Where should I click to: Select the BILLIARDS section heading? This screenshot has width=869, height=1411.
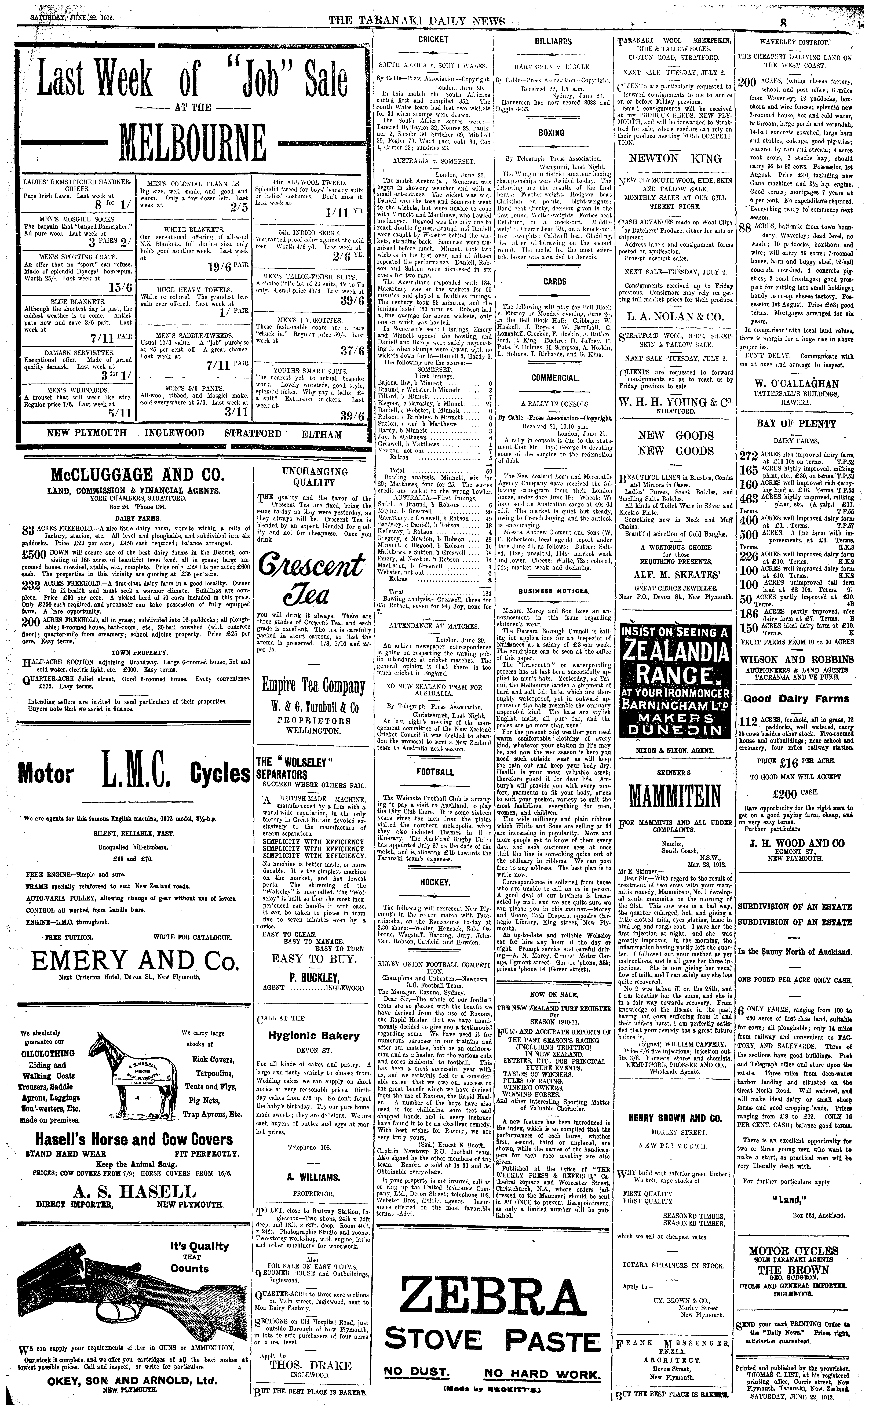coord(553,41)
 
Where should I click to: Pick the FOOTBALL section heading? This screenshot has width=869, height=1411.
coord(435,772)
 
